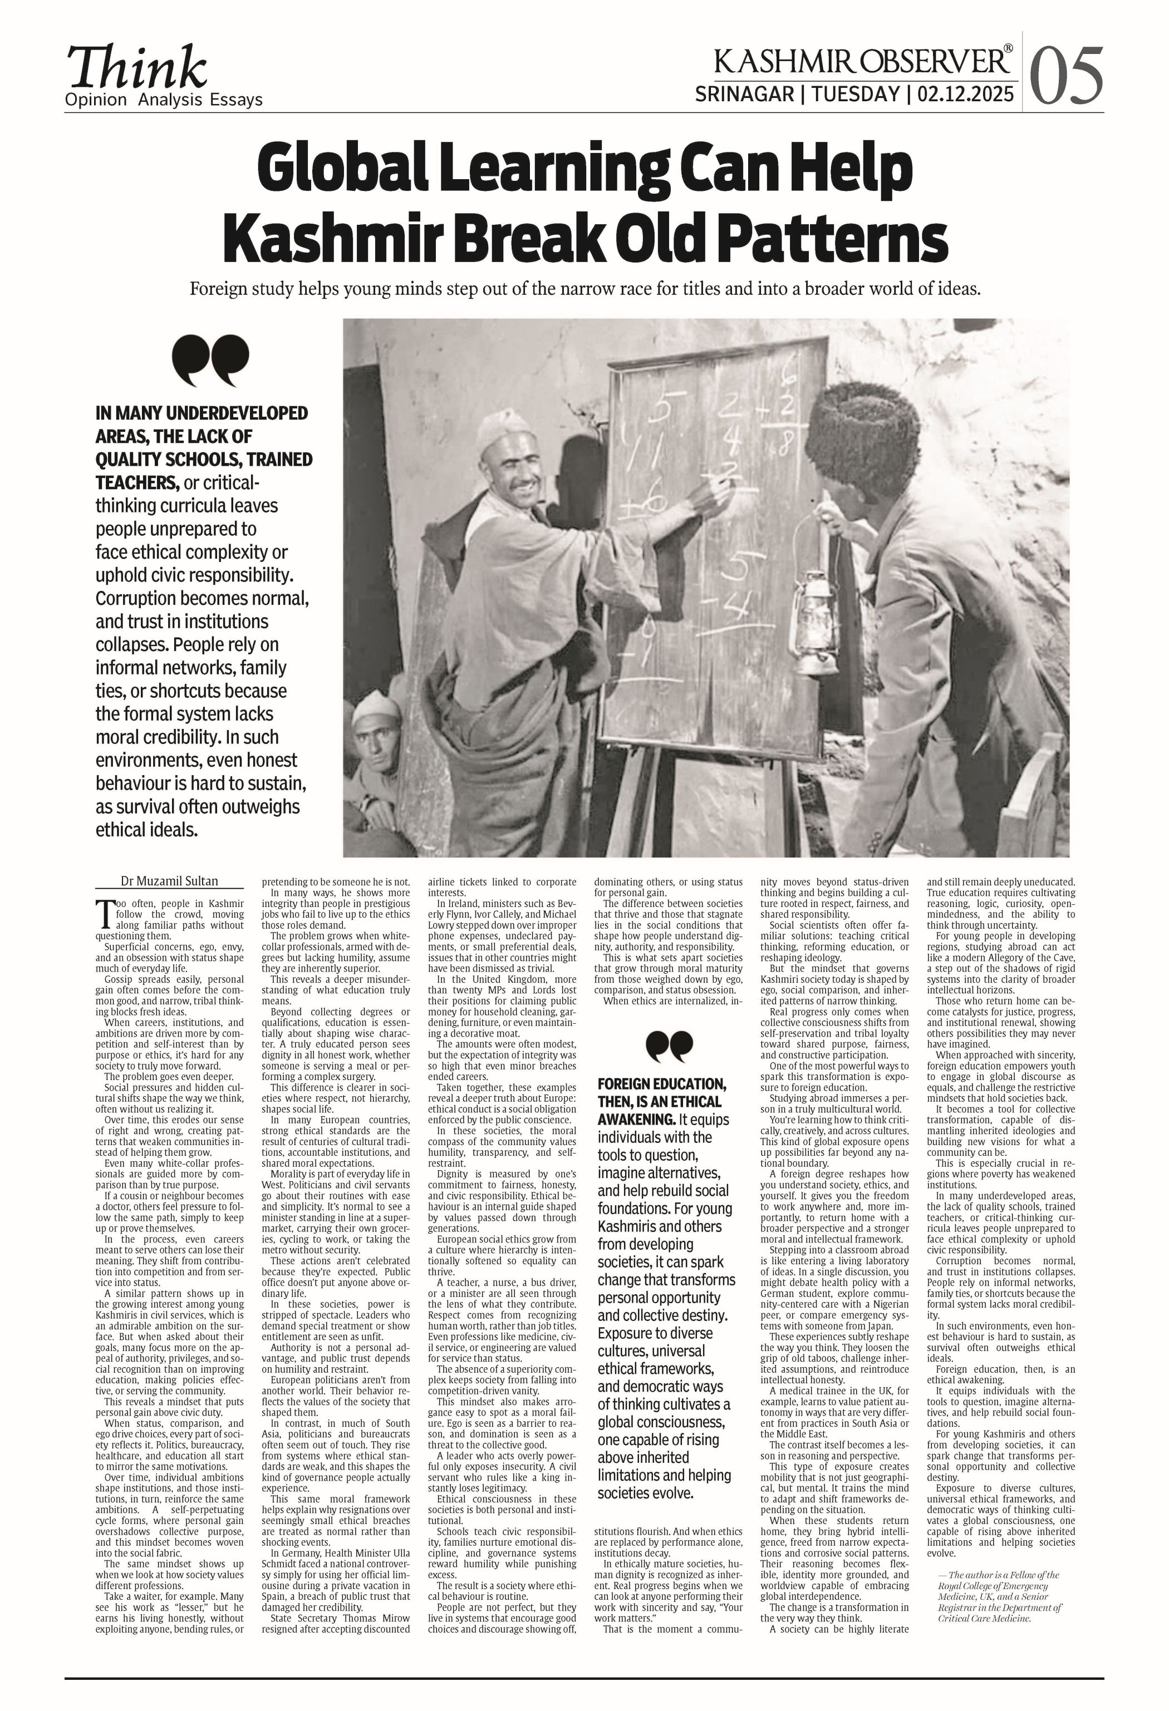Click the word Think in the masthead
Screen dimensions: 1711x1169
pyautogui.click(x=136, y=68)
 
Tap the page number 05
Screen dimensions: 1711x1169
pyautogui.click(x=1065, y=76)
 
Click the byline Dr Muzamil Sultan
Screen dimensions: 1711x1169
pyautogui.click(x=169, y=881)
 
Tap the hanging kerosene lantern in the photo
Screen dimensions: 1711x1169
pyautogui.click(x=813, y=623)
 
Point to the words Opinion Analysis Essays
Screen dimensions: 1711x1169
pyautogui.click(x=164, y=100)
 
